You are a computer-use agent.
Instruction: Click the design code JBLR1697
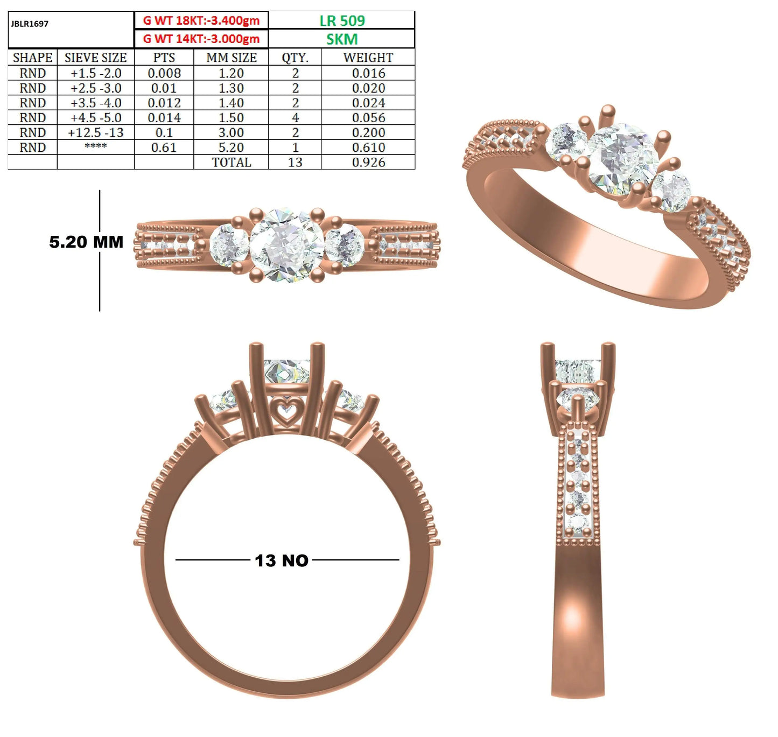(30, 24)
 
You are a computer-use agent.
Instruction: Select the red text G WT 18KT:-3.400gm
(201, 20)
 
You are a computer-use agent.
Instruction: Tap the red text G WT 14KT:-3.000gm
(201, 39)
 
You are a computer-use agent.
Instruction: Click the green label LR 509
(342, 20)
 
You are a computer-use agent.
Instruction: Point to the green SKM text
(342, 39)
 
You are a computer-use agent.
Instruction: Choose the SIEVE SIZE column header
(96, 58)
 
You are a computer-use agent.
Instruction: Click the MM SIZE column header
(232, 58)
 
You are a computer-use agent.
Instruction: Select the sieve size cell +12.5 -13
(96, 132)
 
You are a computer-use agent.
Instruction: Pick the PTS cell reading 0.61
(164, 148)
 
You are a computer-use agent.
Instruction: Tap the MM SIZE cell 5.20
(232, 148)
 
